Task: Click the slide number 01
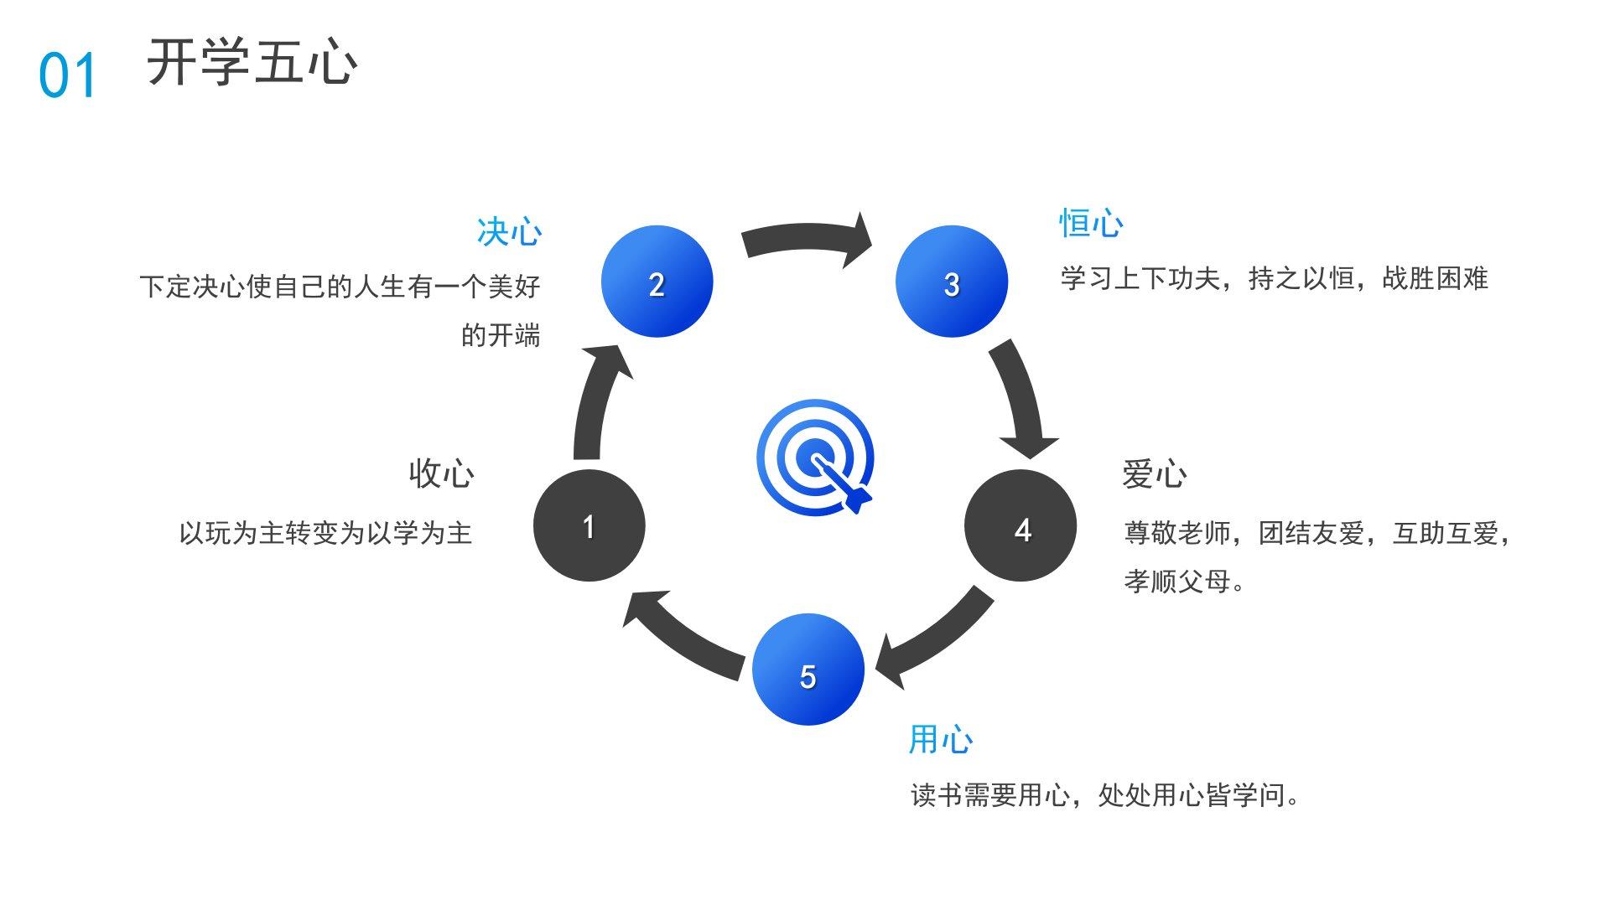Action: [68, 75]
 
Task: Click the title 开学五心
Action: [252, 62]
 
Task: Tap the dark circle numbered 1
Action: [589, 525]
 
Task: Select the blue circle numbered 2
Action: [657, 282]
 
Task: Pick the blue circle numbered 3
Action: [951, 282]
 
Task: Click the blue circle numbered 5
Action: [808, 670]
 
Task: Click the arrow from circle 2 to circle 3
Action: [805, 238]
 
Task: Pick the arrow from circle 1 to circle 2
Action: [595, 402]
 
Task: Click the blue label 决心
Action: [509, 232]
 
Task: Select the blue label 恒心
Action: [1091, 224]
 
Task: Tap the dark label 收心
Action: [441, 473]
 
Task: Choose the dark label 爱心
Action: [1155, 474]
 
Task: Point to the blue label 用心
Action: [941, 740]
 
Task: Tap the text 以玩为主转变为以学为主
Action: [326, 533]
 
